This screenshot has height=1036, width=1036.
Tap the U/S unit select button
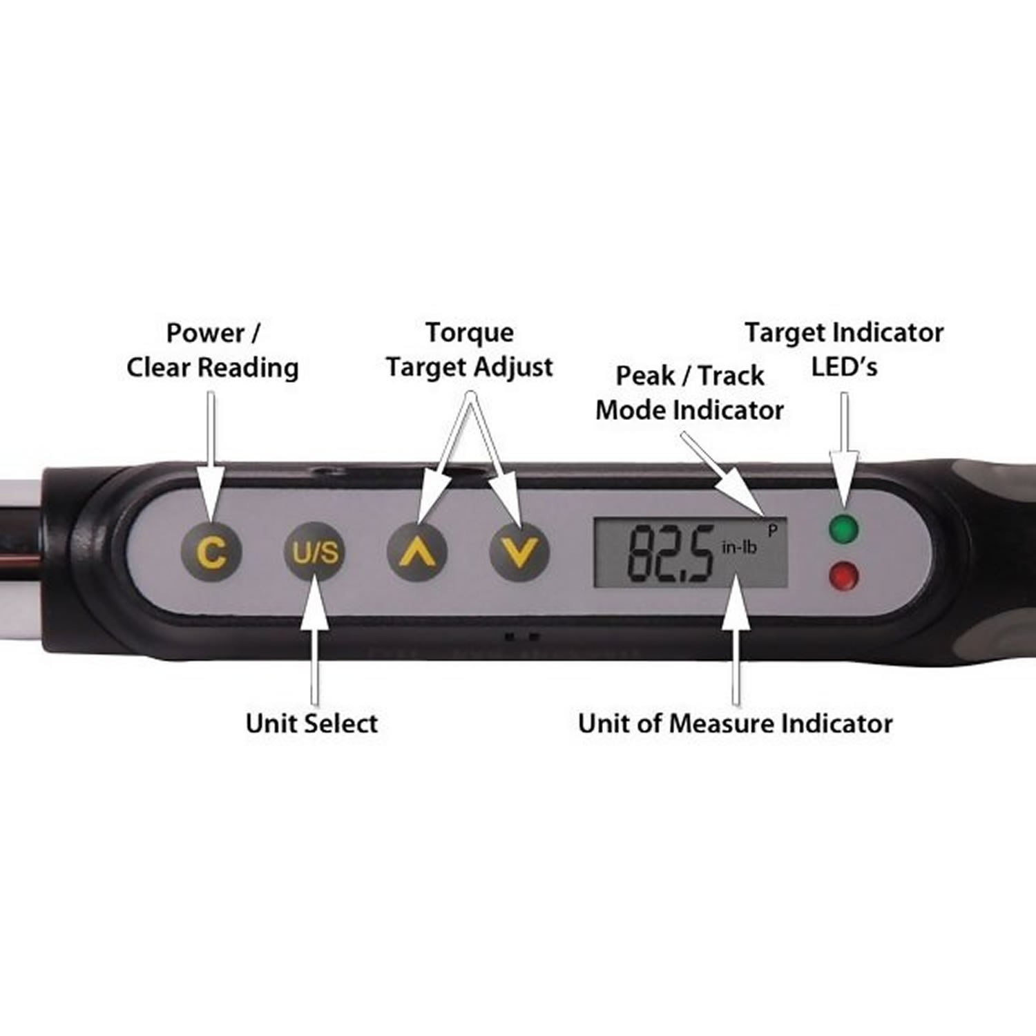315,553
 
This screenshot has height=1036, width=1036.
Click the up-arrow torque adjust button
416,553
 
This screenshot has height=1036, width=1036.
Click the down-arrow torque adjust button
519,553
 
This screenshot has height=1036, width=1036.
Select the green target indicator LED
843,530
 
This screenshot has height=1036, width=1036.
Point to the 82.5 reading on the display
670,553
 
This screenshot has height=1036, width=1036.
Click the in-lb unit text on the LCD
739,548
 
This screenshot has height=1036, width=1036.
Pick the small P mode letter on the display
773,530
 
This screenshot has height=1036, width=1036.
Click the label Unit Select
311,723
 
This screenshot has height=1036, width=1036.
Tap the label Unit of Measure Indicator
735,723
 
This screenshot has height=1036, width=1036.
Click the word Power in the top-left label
205,333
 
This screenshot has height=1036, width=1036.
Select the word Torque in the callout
470,333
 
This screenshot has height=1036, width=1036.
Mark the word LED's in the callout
844,367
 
